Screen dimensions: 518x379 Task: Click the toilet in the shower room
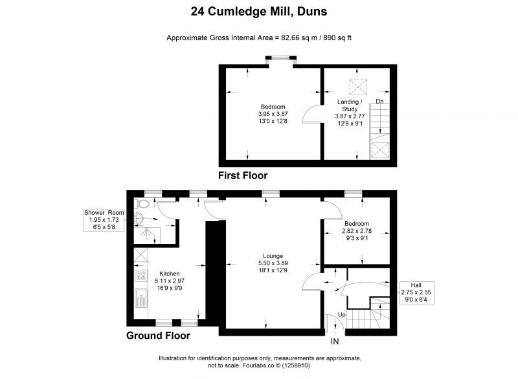[x=142, y=203]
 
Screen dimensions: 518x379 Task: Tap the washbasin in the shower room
[x=139, y=219]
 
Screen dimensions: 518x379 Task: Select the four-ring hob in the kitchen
[x=141, y=276]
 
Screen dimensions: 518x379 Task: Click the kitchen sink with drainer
[x=141, y=298]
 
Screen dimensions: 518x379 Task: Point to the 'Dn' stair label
[x=379, y=102]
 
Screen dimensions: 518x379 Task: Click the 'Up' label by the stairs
[x=342, y=315]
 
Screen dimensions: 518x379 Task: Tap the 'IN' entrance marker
[x=335, y=341]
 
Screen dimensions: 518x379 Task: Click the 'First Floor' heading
[x=243, y=175]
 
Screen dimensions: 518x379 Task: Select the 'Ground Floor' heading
[x=158, y=336]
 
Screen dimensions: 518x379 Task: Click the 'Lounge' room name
[x=273, y=256]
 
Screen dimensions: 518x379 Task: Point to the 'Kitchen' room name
[x=170, y=274]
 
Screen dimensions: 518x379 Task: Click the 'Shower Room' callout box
[x=104, y=220]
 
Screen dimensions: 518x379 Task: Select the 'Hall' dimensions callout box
[x=416, y=292]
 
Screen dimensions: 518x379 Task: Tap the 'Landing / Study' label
[x=350, y=105]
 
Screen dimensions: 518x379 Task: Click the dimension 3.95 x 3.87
[x=273, y=114]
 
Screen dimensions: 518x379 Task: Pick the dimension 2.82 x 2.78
[x=357, y=231]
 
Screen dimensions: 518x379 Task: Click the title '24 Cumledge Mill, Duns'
[x=259, y=12]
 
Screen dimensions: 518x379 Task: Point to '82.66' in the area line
[x=290, y=38]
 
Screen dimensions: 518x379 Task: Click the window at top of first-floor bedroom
[x=280, y=58]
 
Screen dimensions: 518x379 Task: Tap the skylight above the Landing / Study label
[x=358, y=87]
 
